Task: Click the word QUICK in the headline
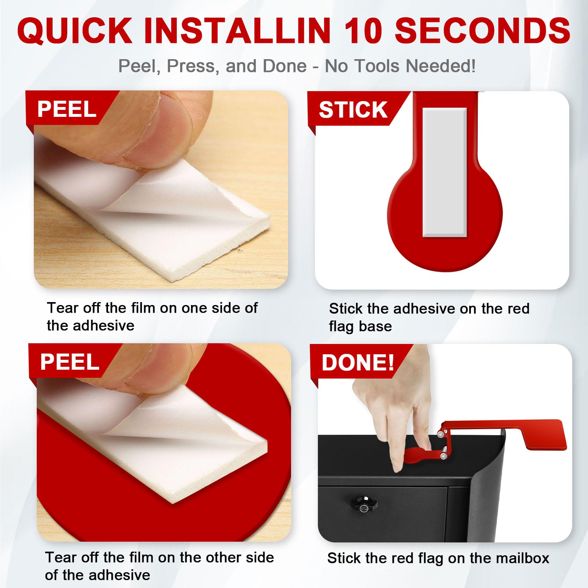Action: point(75,31)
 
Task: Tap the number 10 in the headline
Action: point(362,31)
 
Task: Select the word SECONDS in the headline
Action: point(482,31)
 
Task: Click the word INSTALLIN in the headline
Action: point(237,31)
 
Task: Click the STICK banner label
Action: point(353,110)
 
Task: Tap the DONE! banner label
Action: point(358,363)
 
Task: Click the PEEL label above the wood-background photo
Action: point(67,109)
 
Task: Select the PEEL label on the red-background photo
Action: point(69,362)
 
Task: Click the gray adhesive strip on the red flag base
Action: point(445,172)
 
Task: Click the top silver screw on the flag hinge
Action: point(440,435)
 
